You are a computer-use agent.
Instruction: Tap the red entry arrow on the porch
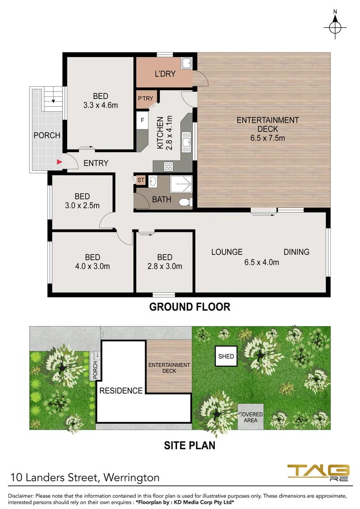coord(59,162)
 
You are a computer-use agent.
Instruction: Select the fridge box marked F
coord(142,120)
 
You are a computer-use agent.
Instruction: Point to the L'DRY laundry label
coord(165,74)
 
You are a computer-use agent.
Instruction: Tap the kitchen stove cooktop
coord(168,166)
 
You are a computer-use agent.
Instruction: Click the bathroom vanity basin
coord(153,181)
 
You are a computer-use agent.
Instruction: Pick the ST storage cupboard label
coord(140,180)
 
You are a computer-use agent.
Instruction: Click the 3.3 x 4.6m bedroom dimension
coord(100,106)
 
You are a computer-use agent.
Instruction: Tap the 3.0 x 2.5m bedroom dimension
coord(82,205)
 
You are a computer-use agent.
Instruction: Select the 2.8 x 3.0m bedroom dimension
coord(164,266)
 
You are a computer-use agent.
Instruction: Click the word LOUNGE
coord(227,252)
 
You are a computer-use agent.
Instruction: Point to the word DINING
coord(296,252)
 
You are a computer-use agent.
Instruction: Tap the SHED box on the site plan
coord(226,356)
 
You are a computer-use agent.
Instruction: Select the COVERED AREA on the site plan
coord(251,417)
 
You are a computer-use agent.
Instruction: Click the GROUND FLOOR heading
coord(189,307)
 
